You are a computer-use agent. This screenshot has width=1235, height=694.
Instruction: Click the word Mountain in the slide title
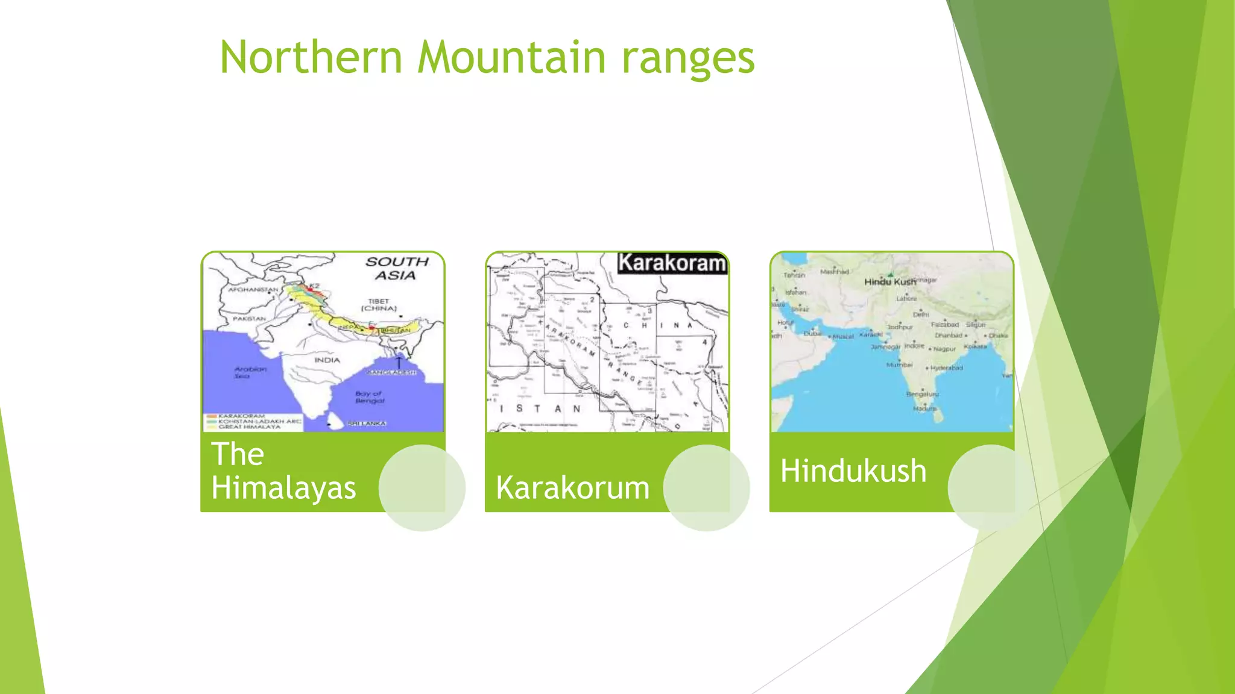click(x=512, y=57)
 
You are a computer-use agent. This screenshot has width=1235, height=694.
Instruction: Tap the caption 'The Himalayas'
click(x=283, y=470)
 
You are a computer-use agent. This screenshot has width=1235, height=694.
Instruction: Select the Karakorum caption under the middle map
click(x=572, y=487)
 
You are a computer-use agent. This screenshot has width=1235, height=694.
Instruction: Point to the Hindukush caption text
click(x=853, y=470)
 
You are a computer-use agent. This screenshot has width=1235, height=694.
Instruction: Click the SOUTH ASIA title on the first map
click(x=396, y=269)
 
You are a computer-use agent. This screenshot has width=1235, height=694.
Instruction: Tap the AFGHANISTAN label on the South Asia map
click(x=253, y=290)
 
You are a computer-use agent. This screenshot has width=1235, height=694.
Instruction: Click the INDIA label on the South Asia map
click(x=327, y=360)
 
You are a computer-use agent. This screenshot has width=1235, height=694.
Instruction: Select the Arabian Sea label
click(x=250, y=372)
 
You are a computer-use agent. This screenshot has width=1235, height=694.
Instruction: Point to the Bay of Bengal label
click(x=369, y=397)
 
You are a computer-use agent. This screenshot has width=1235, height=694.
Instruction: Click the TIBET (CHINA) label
click(x=379, y=305)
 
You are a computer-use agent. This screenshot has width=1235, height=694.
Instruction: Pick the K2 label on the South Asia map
click(x=314, y=286)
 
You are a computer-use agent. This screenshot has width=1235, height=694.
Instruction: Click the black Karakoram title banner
click(x=672, y=263)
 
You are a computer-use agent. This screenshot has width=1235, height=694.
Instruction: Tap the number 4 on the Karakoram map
click(x=704, y=342)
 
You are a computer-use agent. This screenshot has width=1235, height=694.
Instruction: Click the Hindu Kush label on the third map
click(x=889, y=282)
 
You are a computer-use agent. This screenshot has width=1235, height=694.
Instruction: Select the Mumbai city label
click(x=899, y=365)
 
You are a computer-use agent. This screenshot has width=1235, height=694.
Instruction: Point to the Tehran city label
click(x=794, y=275)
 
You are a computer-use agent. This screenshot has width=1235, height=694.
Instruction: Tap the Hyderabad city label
click(x=946, y=367)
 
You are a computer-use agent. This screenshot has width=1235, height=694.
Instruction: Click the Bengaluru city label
click(x=922, y=394)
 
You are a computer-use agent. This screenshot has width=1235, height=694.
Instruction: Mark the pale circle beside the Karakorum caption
click(x=706, y=488)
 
